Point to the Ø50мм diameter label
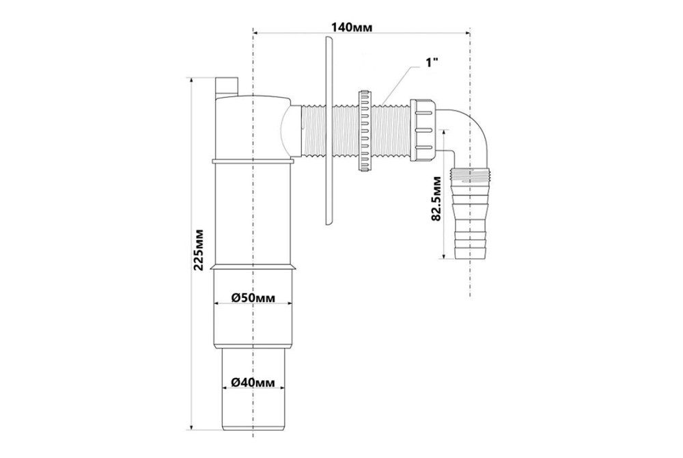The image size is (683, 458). [253, 298]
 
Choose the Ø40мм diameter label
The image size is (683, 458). [253, 382]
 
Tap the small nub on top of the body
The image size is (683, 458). [227, 86]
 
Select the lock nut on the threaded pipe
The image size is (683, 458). [363, 129]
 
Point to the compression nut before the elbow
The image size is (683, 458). [424, 127]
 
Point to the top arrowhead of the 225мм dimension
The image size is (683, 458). [194, 79]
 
